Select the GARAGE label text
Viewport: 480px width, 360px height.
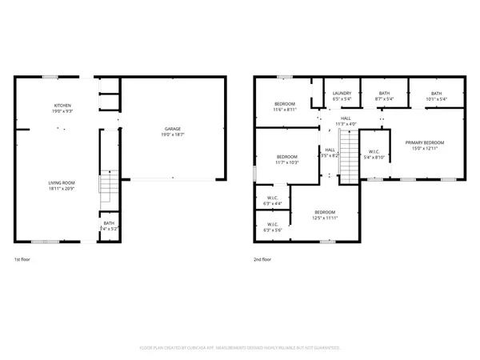click(x=171, y=130)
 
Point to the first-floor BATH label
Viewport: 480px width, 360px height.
click(x=108, y=224)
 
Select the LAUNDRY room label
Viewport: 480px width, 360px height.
click(x=342, y=94)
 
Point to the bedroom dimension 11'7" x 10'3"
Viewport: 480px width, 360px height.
click(x=286, y=162)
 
